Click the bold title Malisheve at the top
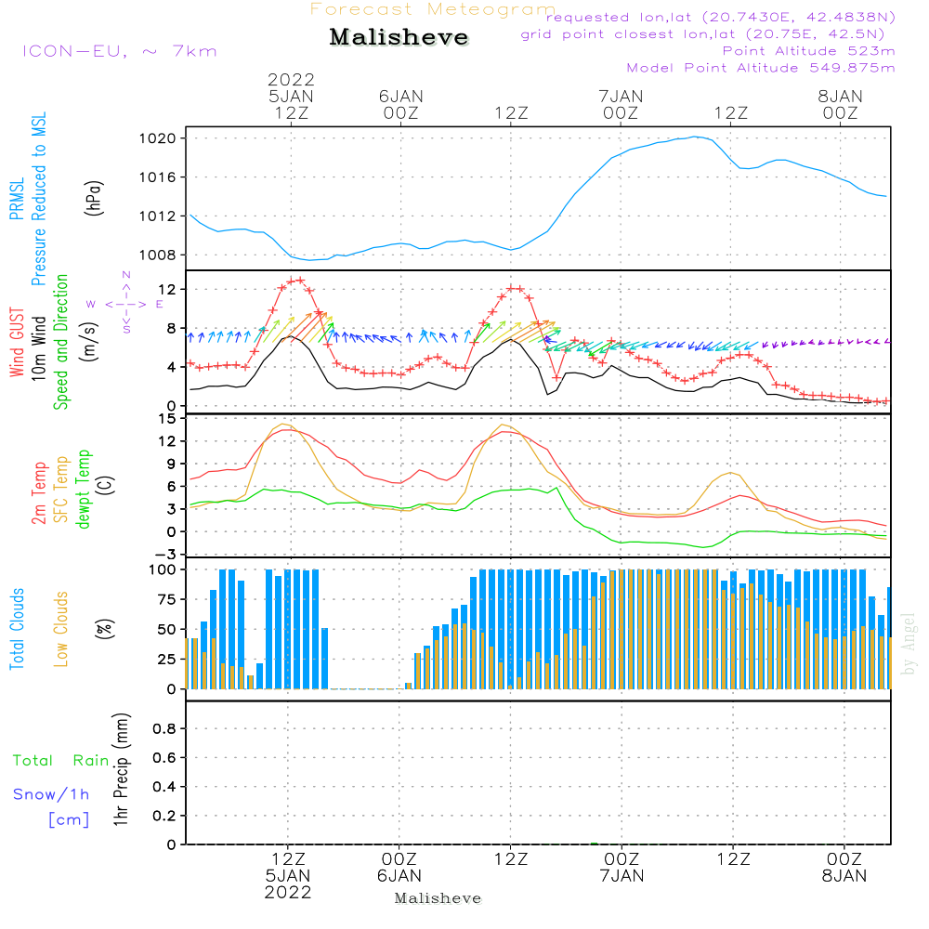point(399,38)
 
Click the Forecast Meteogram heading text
point(433,9)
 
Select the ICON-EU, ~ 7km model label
point(119,51)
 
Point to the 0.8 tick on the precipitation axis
point(165,729)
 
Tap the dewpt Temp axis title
point(84,489)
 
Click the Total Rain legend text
point(61,761)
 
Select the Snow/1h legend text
point(51,795)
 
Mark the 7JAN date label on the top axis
point(621,96)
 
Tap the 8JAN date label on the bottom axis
point(844,875)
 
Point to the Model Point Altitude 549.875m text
point(761,68)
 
